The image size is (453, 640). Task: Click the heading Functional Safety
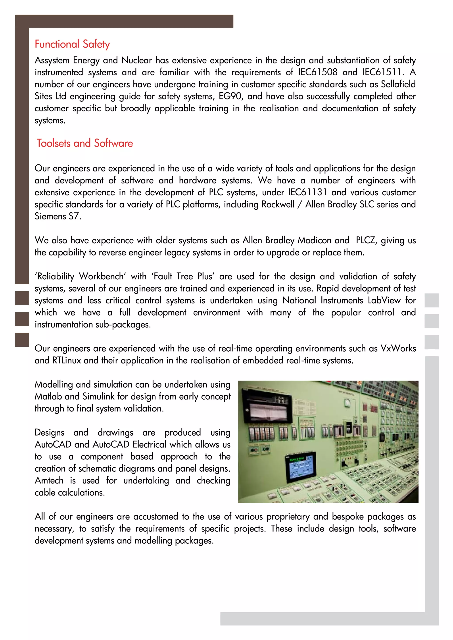[x=72, y=44]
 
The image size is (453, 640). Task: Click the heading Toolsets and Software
[x=85, y=143]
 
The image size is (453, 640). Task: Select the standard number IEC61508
[x=318, y=72]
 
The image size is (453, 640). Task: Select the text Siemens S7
[x=58, y=216]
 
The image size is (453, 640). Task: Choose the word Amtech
[x=49, y=481]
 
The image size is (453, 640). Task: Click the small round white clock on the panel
[x=347, y=402]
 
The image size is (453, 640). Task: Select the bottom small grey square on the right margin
[x=431, y=342]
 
